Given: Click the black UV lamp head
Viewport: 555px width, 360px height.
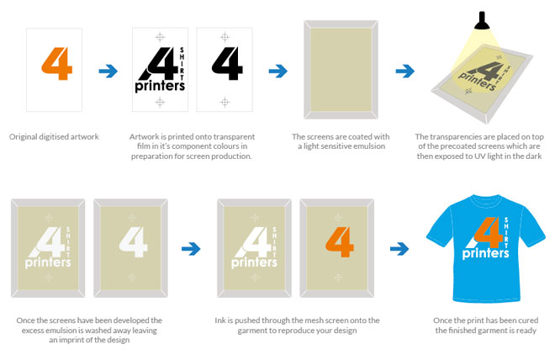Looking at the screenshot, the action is coord(482,21).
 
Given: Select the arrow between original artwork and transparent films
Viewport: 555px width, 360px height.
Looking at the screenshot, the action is coord(108,71).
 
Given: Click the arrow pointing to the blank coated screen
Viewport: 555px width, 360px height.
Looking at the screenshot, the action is coord(277,71).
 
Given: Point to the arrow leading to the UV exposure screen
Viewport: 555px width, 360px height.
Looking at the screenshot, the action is coord(405,71).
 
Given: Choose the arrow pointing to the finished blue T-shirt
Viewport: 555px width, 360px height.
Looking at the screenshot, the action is coord(399,249).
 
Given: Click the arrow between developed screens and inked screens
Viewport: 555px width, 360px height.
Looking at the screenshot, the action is coord(191,249).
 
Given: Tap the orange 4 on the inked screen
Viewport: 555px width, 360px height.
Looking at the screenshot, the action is coord(340,241).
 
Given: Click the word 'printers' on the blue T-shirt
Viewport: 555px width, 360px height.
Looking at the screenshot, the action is coord(485,253).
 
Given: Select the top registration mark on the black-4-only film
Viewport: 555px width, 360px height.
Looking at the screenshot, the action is coord(225,37).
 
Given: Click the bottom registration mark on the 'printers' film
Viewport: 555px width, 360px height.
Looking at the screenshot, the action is coord(160,103).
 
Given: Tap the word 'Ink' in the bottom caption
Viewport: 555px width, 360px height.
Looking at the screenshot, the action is coord(219,320).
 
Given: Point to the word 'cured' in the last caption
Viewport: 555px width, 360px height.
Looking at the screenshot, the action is coord(528,320).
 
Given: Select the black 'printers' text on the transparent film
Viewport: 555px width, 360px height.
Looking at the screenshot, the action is coord(160,86).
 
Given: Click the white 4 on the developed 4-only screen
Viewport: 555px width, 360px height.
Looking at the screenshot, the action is coord(133,241).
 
